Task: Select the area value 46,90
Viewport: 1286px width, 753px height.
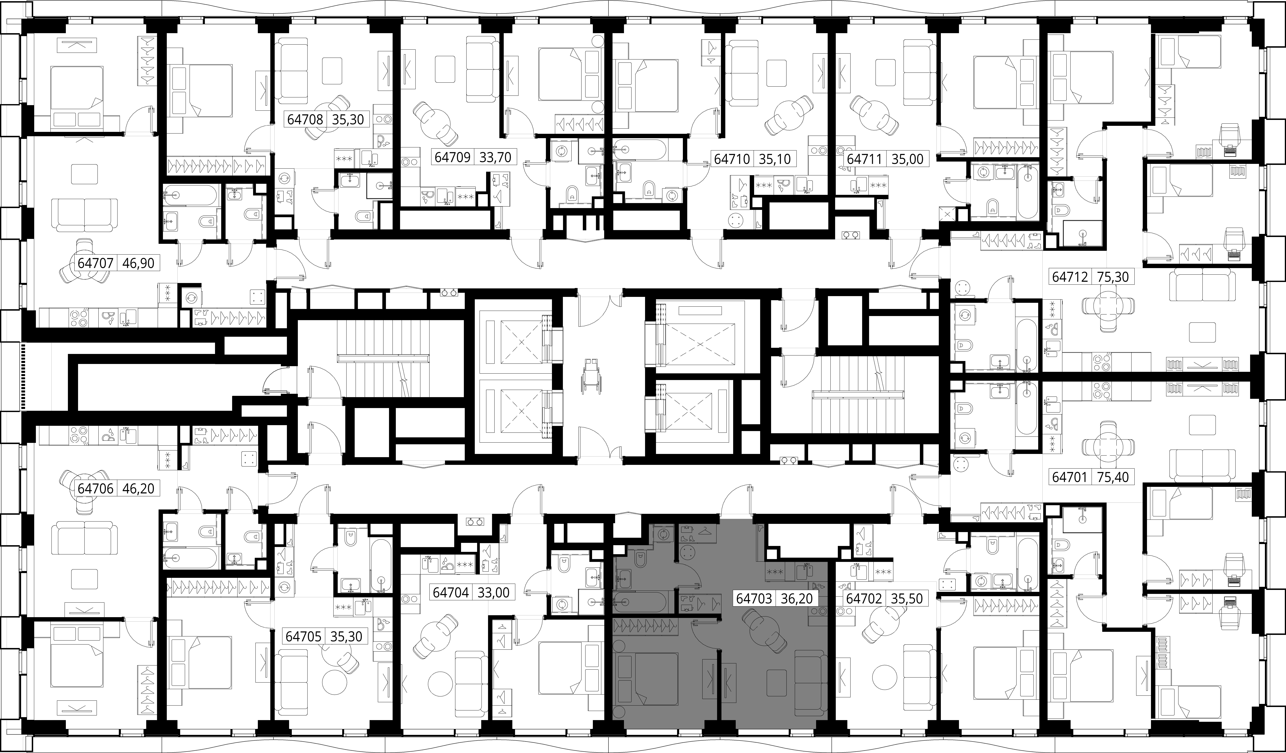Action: click(x=138, y=263)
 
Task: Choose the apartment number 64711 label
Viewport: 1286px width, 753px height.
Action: click(x=864, y=159)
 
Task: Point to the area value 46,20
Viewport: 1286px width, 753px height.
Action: click(x=138, y=488)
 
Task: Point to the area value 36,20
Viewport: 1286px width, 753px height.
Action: click(x=797, y=598)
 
